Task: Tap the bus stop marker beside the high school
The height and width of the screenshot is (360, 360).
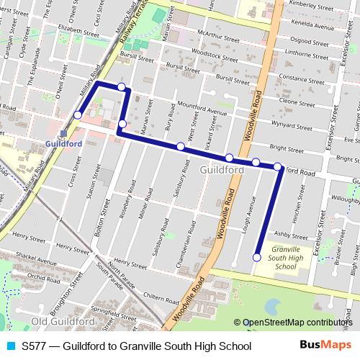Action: pos(257,257)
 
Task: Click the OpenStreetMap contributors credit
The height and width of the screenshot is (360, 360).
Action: pos(297,323)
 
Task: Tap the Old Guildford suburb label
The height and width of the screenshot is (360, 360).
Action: pos(63,320)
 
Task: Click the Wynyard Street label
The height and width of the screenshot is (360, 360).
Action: pos(293,125)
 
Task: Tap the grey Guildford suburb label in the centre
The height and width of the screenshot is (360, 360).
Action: pos(217,169)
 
